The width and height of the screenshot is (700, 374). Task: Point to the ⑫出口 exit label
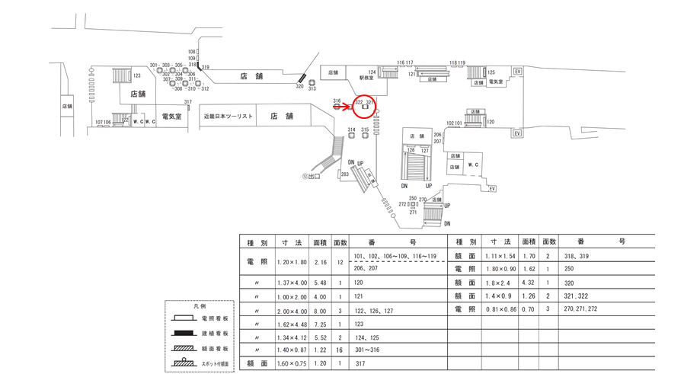(x=311, y=177)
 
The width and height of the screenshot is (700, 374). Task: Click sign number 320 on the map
(x=299, y=87)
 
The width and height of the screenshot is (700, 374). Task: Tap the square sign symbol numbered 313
(x=312, y=82)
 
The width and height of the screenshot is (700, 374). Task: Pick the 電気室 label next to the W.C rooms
(x=171, y=117)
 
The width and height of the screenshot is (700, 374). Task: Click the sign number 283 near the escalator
(x=345, y=175)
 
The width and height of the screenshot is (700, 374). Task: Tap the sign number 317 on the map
(x=187, y=101)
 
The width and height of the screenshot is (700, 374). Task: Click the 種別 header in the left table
(x=257, y=241)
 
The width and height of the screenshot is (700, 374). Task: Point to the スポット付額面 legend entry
(x=217, y=364)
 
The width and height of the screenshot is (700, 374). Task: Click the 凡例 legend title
(x=201, y=305)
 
